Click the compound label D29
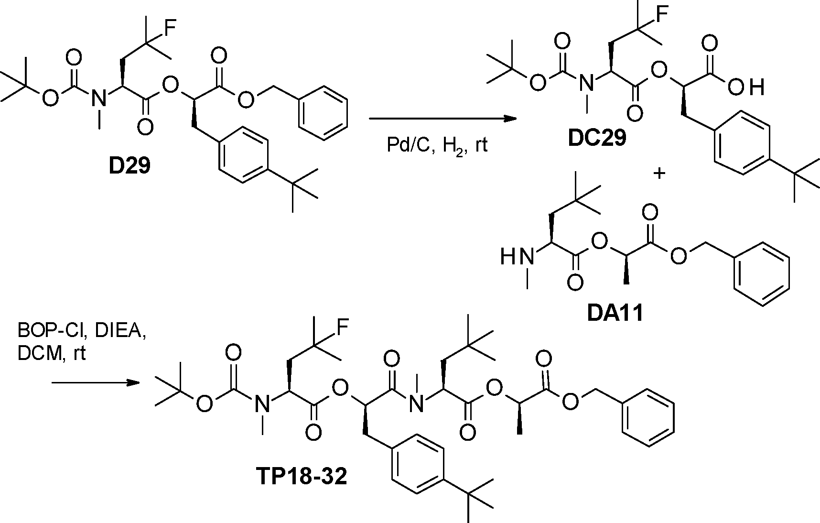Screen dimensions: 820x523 click(129, 167)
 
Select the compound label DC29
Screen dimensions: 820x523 click(597, 139)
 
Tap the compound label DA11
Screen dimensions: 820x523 click(615, 313)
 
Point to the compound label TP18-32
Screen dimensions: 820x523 click(301, 477)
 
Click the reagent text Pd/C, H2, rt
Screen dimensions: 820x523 click(437, 144)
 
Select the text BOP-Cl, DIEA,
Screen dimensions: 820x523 click(82, 331)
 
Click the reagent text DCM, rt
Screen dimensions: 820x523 click(52, 354)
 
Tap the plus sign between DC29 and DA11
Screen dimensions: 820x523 click(659, 174)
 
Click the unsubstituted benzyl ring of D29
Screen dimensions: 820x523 click(323, 113)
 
